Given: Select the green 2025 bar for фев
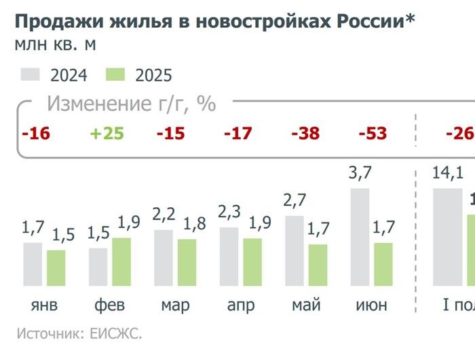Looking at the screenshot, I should coord(121,261).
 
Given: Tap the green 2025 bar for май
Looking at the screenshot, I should coord(318,264).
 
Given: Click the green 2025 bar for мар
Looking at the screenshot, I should coord(187,262).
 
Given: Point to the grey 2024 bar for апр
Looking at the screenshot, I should coord(229,256).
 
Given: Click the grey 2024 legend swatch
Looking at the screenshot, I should coord(31,74).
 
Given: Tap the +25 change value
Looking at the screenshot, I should coord(107,133).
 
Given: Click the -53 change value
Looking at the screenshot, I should coord(372,133).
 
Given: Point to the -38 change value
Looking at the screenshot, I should coord(305,133).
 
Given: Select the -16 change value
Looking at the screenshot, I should coord(36,133).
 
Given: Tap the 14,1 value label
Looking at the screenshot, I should coord(447,175).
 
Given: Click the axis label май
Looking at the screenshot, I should coord(306,306).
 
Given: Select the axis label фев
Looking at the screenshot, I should coord(109,306).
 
